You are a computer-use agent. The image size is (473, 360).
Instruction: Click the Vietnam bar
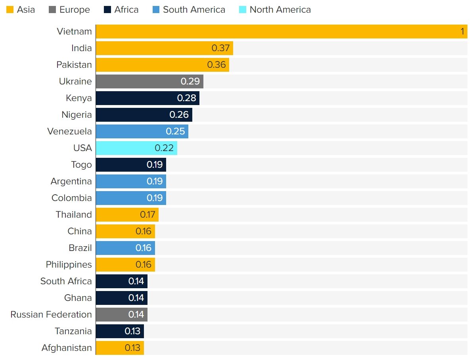278,32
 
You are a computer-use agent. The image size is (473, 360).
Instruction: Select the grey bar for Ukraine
149,82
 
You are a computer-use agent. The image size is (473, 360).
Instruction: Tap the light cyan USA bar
136,148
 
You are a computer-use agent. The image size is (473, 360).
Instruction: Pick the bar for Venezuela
142,132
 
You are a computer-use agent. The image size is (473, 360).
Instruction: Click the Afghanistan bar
120,348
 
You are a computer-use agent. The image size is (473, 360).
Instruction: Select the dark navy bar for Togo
131,165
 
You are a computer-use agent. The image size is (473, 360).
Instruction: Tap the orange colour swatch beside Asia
10,10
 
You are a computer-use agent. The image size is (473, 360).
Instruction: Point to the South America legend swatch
156,10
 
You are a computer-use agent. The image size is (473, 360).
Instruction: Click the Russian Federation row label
51,315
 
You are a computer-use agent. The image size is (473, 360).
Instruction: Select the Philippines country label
69,265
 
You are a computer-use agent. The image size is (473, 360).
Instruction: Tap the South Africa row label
66,281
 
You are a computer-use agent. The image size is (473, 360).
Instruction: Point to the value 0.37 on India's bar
220,48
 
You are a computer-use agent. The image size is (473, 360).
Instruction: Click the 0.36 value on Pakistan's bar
216,65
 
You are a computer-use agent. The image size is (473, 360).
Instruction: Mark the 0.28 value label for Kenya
186,98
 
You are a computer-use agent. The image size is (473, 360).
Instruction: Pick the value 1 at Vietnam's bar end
462,32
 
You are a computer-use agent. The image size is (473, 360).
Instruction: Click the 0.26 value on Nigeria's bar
179,115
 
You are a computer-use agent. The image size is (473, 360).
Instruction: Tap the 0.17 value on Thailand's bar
147,215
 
